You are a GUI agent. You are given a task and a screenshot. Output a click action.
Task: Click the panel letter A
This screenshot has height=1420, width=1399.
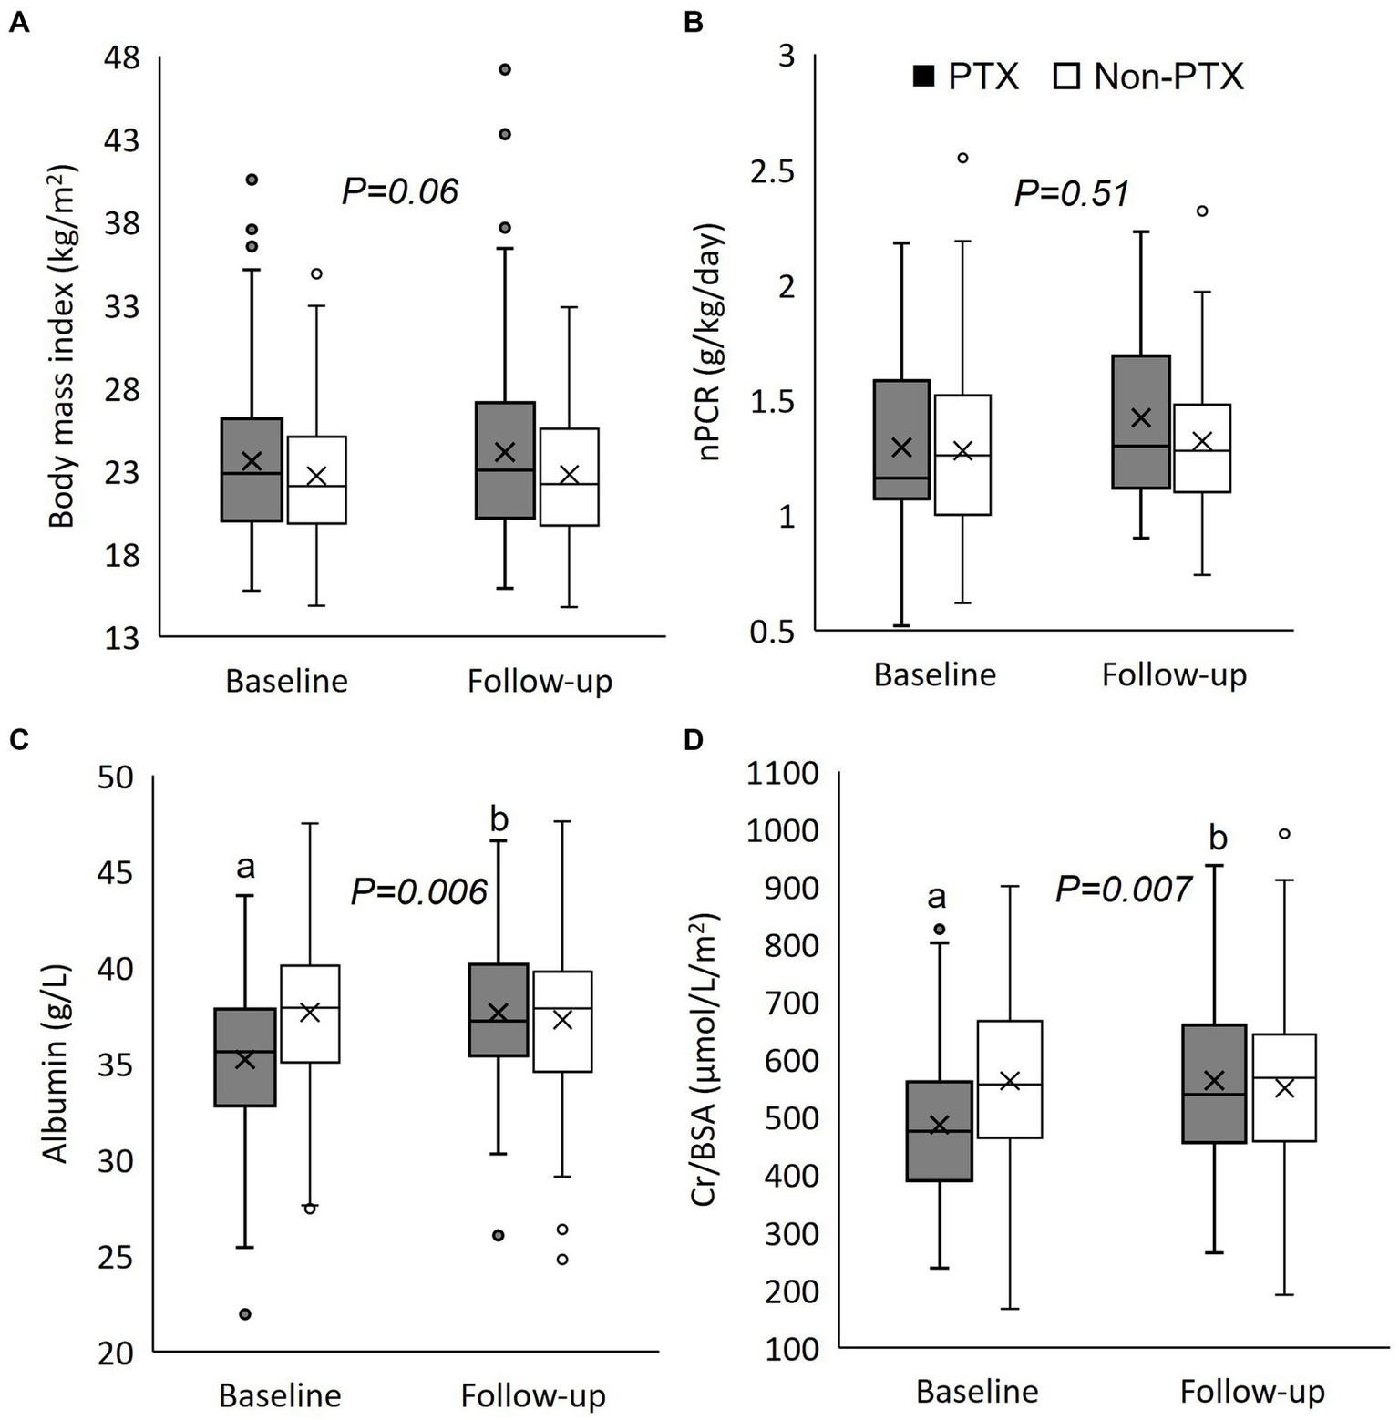pyautogui.click(x=18, y=23)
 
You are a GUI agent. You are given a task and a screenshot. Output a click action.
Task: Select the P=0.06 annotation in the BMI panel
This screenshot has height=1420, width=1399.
pyautogui.click(x=399, y=191)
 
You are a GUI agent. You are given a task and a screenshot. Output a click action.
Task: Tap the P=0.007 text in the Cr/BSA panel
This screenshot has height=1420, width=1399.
pyautogui.click(x=1123, y=889)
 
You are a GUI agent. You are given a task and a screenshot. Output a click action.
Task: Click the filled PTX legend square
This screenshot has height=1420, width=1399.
pyautogui.click(x=924, y=77)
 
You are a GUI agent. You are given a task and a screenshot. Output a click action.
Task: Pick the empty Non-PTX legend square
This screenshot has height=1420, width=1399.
pyautogui.click(x=1066, y=77)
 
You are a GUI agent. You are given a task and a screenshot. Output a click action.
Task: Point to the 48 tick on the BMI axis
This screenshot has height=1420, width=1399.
pyautogui.click(x=122, y=58)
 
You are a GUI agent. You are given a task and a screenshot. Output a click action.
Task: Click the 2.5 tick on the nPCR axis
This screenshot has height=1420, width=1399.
pyautogui.click(x=771, y=171)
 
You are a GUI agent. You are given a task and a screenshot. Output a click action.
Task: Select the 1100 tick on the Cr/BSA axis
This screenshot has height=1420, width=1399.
pyautogui.click(x=782, y=774)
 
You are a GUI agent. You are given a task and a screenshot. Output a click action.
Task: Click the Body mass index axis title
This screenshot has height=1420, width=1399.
pyautogui.click(x=62, y=346)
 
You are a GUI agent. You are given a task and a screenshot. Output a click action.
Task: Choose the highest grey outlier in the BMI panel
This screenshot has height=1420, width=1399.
pyautogui.click(x=504, y=69)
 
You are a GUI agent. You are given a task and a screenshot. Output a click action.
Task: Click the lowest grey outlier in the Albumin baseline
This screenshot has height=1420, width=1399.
pyautogui.click(x=245, y=1314)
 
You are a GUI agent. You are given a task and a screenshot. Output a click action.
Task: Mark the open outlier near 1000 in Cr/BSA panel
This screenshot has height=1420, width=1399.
pyautogui.click(x=1285, y=833)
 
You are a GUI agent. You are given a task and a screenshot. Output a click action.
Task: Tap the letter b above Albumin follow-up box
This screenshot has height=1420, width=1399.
pyautogui.click(x=499, y=819)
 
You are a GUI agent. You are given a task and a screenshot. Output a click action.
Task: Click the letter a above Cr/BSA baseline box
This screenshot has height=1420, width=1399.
pyautogui.click(x=936, y=897)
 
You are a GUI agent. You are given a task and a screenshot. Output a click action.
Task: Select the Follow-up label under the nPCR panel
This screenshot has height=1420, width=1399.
pyautogui.click(x=1174, y=675)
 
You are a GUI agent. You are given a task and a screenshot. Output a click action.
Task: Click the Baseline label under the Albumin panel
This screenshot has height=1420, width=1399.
pyautogui.click(x=280, y=1395)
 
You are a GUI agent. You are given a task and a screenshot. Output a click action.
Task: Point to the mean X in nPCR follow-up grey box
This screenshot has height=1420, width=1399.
pyautogui.click(x=1140, y=417)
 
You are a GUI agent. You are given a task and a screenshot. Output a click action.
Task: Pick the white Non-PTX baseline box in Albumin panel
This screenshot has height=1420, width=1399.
pyautogui.click(x=310, y=1014)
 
